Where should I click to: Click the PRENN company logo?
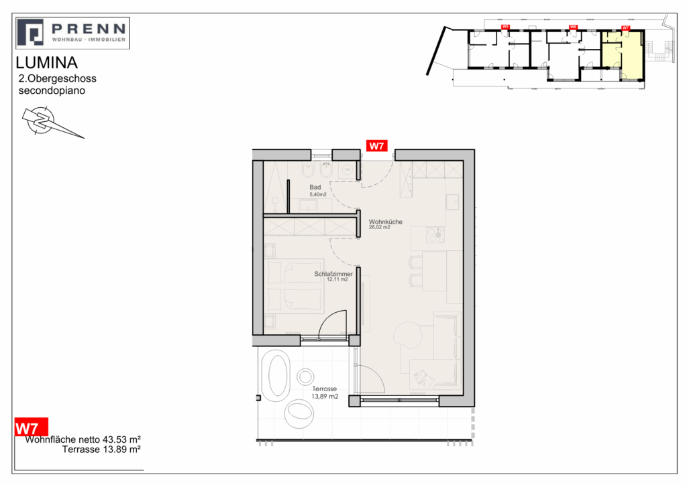(72, 33)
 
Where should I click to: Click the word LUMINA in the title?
(46, 64)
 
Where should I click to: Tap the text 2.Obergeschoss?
(58, 79)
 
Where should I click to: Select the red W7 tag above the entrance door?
(375, 147)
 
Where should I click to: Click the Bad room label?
(315, 188)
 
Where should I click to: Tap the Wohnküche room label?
(386, 222)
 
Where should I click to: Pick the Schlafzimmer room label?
(334, 274)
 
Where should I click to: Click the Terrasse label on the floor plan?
(324, 389)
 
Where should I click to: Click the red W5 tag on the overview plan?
(505, 27)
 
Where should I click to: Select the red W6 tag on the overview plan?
(573, 27)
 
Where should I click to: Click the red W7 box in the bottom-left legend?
(31, 427)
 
